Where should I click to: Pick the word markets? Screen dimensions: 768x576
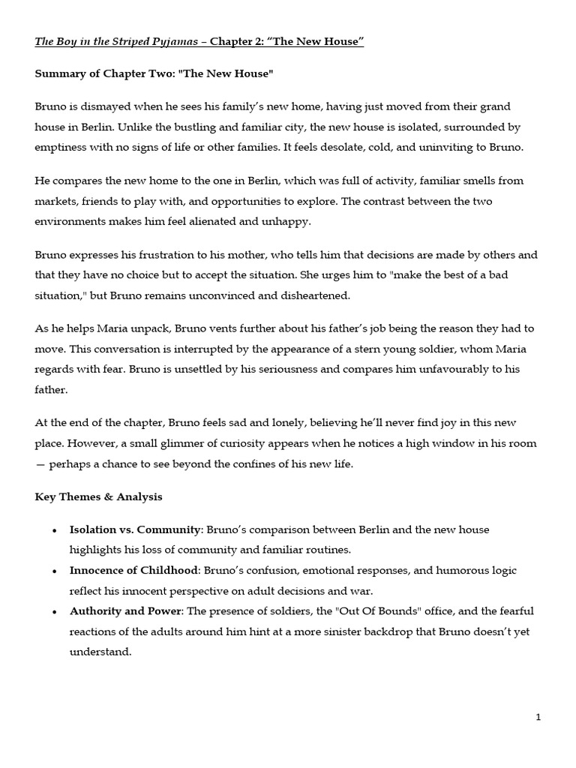pos(56,201)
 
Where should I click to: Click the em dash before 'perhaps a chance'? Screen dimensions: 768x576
pos(40,463)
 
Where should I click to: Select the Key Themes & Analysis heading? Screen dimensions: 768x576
pos(98,496)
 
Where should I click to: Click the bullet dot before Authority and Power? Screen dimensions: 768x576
pos(54,611)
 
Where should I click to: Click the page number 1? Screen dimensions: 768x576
pos(538,718)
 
